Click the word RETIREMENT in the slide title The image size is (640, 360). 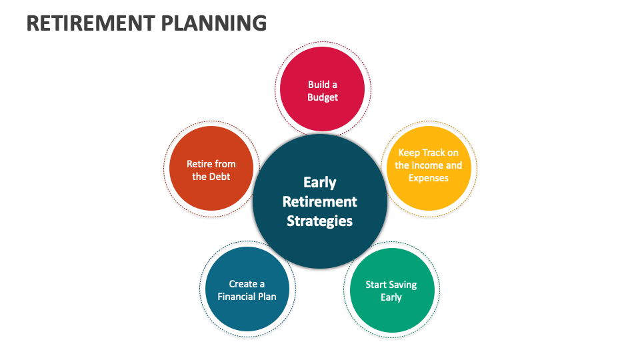click(91, 23)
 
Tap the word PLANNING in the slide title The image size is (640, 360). click(214, 23)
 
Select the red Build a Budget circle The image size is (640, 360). click(323, 89)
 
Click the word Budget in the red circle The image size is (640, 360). click(323, 97)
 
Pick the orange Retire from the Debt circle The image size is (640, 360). click(211, 168)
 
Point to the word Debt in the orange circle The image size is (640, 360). click(221, 177)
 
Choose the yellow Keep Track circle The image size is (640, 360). click(429, 168)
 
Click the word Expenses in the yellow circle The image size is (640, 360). click(429, 179)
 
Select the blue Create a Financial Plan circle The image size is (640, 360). click(247, 289)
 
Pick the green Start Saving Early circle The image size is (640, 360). click(392, 290)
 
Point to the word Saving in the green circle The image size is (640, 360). click(403, 285)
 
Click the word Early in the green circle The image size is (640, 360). click(391, 297)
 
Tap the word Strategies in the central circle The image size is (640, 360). click(319, 221)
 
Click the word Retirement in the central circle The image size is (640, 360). click(319, 201)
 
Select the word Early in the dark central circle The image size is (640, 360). click(319, 183)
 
